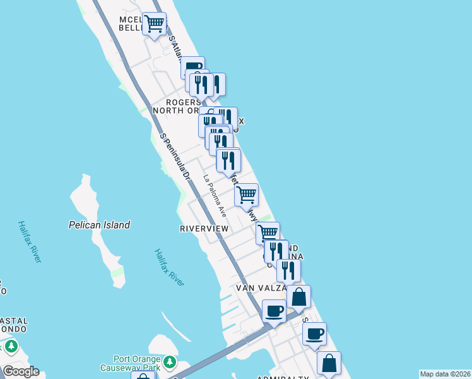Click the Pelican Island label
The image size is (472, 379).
[99, 225]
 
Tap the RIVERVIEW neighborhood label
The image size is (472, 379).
[204, 228]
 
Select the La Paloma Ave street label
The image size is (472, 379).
[215, 196]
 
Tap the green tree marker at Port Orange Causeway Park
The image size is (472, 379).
[169, 362]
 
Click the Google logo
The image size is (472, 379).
[20, 371]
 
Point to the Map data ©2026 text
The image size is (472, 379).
[445, 374]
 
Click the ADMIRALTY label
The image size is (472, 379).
[283, 377]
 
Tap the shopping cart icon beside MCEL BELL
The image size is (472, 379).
[155, 24]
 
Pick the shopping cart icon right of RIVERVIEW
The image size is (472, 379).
[268, 233]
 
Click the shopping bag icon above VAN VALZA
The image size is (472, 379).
[299, 296]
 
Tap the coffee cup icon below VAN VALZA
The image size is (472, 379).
[274, 311]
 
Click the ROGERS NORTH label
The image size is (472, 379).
[183, 105]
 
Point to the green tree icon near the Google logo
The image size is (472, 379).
[11, 347]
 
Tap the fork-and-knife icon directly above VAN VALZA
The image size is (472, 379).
[288, 270]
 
